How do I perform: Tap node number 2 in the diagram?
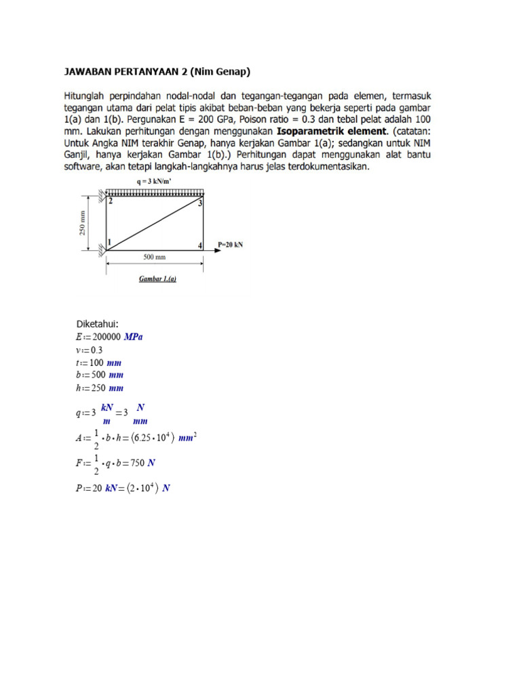(111, 201)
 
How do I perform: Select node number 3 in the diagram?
(200, 203)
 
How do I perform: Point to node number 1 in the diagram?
(110, 242)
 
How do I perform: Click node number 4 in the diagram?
(199, 245)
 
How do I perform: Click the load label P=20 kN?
(230, 245)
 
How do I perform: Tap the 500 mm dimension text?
(155, 258)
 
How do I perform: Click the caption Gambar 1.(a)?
(157, 279)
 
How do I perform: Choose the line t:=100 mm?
(98, 363)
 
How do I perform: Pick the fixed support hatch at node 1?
(102, 250)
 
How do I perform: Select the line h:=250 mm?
(100, 388)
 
